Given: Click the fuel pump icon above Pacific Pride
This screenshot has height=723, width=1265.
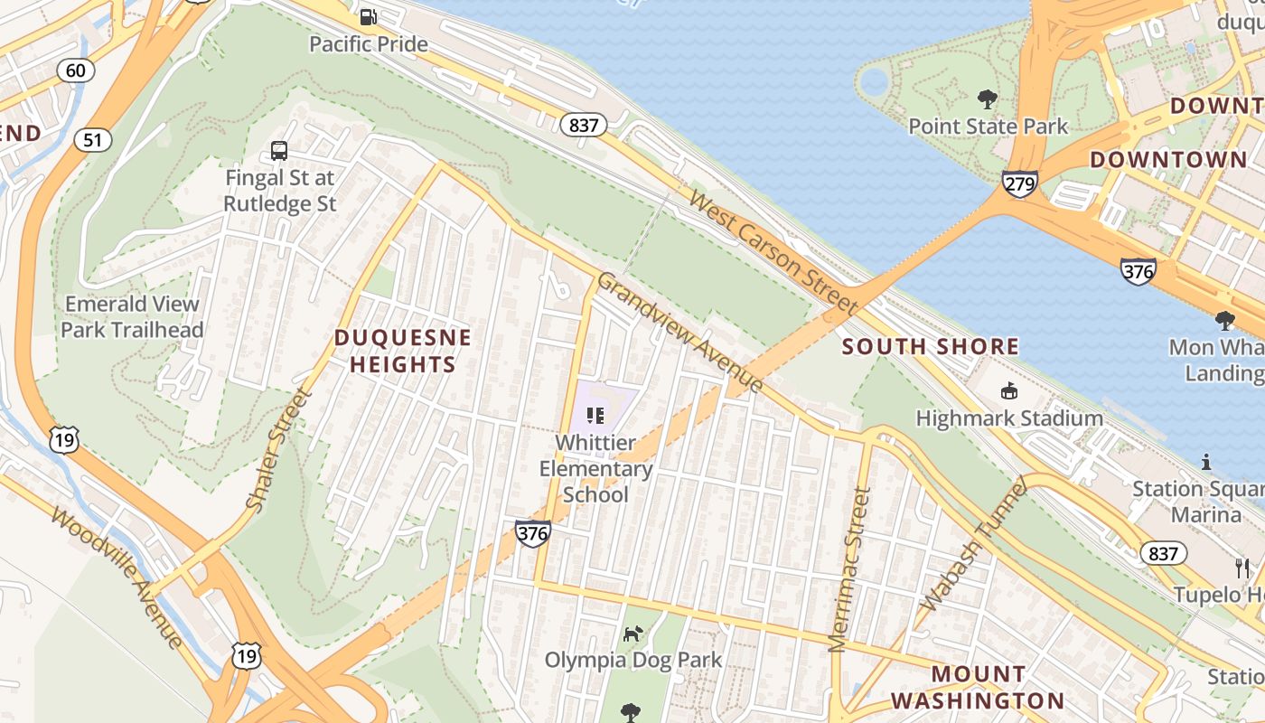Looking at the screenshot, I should pos(368,16).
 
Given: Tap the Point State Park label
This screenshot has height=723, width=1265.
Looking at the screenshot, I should pos(988,126).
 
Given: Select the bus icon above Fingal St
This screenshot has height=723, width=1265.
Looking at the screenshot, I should pos(279,151).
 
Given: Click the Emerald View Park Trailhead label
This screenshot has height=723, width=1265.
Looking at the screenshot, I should pos(132,316).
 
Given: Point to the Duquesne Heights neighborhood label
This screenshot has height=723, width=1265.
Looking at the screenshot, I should pos(403,351).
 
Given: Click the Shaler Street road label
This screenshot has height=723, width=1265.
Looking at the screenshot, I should pos(279,450).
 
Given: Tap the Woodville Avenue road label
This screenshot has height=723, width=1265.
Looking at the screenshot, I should pos(117,577).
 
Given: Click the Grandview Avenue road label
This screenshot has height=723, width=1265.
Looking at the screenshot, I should pos(679,332).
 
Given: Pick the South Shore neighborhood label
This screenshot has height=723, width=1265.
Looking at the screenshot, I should pos(931,346).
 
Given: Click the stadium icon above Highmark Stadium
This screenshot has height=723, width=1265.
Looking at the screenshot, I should pos(1008,390).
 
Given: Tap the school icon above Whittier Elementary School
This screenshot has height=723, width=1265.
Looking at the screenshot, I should pos(595,416).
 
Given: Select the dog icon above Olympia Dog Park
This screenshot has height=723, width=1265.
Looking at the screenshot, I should pos(633,634).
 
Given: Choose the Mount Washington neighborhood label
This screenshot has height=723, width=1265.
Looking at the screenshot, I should pos(978,687).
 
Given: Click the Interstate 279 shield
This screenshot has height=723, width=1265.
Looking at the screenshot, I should pos(1018,183).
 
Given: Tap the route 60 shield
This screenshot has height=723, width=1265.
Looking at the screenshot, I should pos(76,70).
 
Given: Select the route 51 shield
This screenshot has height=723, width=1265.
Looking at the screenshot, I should pos(93,139).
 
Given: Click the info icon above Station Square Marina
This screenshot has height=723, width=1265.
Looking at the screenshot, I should pos(1205,463).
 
